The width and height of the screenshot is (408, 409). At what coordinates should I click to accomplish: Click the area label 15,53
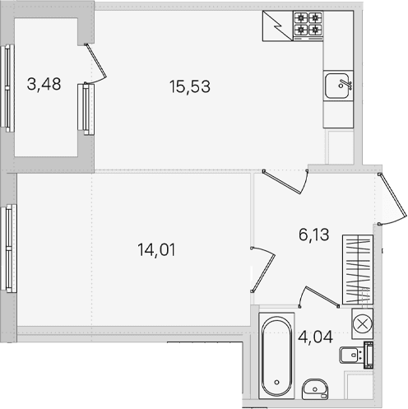tap(190, 86)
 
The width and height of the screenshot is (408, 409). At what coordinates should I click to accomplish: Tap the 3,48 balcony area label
tap(44, 84)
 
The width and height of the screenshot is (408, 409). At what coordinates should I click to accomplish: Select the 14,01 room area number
tap(156, 250)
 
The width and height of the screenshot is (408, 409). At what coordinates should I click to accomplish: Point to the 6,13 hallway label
tap(313, 235)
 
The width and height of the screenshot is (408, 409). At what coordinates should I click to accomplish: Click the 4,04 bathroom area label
tap(315, 337)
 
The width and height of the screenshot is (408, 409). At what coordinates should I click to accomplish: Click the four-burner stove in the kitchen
tap(308, 26)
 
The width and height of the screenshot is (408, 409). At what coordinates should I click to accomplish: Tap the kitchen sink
tap(338, 86)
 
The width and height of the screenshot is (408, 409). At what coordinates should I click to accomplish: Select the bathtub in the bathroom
tap(276, 356)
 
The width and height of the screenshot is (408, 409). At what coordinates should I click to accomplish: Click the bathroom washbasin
tap(315, 389)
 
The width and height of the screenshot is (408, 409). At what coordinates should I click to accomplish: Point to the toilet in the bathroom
tap(356, 356)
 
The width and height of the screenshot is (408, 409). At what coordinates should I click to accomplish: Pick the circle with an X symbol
tap(362, 324)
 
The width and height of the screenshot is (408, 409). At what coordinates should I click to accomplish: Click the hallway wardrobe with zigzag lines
tap(358, 269)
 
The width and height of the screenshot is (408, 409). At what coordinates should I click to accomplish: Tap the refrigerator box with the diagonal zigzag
tap(277, 26)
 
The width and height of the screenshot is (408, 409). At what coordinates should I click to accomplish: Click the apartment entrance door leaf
tap(392, 195)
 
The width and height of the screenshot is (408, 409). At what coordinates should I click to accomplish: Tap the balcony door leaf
tap(95, 61)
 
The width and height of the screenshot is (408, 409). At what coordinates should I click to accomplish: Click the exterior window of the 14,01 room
tap(9, 249)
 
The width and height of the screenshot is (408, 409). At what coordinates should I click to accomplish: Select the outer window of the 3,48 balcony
tap(7, 88)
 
